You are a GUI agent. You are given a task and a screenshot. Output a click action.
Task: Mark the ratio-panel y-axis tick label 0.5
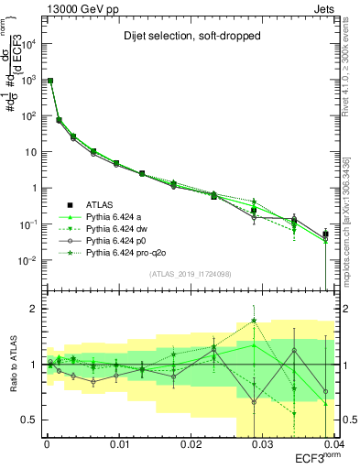tap(28, 420)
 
